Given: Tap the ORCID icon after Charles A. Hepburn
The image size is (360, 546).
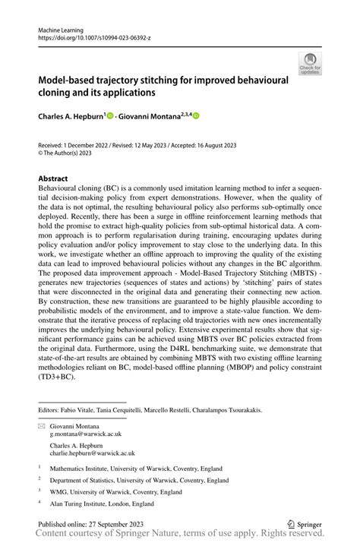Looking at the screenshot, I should click(111, 116).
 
